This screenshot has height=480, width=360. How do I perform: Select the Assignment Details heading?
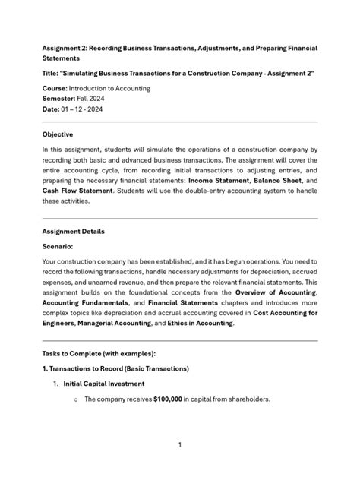pyautogui.click(x=74, y=231)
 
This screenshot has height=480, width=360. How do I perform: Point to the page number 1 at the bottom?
pyautogui.click(x=180, y=444)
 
